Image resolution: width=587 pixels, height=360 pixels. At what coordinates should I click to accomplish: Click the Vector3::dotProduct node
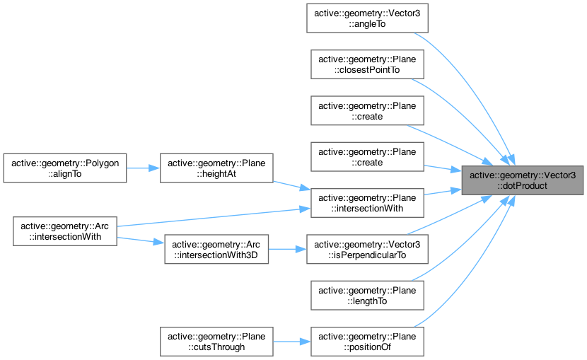pos(523,180)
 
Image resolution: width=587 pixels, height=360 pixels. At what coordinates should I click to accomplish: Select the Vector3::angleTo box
pos(365,18)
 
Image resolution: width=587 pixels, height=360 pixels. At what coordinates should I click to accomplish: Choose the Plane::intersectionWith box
pos(365,203)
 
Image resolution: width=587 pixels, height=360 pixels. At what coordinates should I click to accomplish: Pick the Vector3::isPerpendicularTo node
pos(365,250)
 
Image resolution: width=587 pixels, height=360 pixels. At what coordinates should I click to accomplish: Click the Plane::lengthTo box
pos(365,296)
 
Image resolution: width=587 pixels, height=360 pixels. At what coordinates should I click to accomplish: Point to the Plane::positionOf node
pos(365,342)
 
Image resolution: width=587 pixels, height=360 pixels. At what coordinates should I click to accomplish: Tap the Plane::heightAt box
pos(214,168)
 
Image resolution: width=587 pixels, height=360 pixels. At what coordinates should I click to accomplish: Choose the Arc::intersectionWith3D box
pos(214,250)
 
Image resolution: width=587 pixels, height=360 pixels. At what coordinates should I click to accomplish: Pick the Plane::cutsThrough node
pos(214,342)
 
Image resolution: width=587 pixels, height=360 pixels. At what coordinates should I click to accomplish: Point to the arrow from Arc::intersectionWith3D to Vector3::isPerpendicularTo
pos(287,250)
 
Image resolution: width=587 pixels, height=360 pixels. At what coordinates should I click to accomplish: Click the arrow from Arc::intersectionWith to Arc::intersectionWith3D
pos(139,240)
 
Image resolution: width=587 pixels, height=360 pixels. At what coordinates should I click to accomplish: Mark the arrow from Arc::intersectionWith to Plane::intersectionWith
pos(212,217)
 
